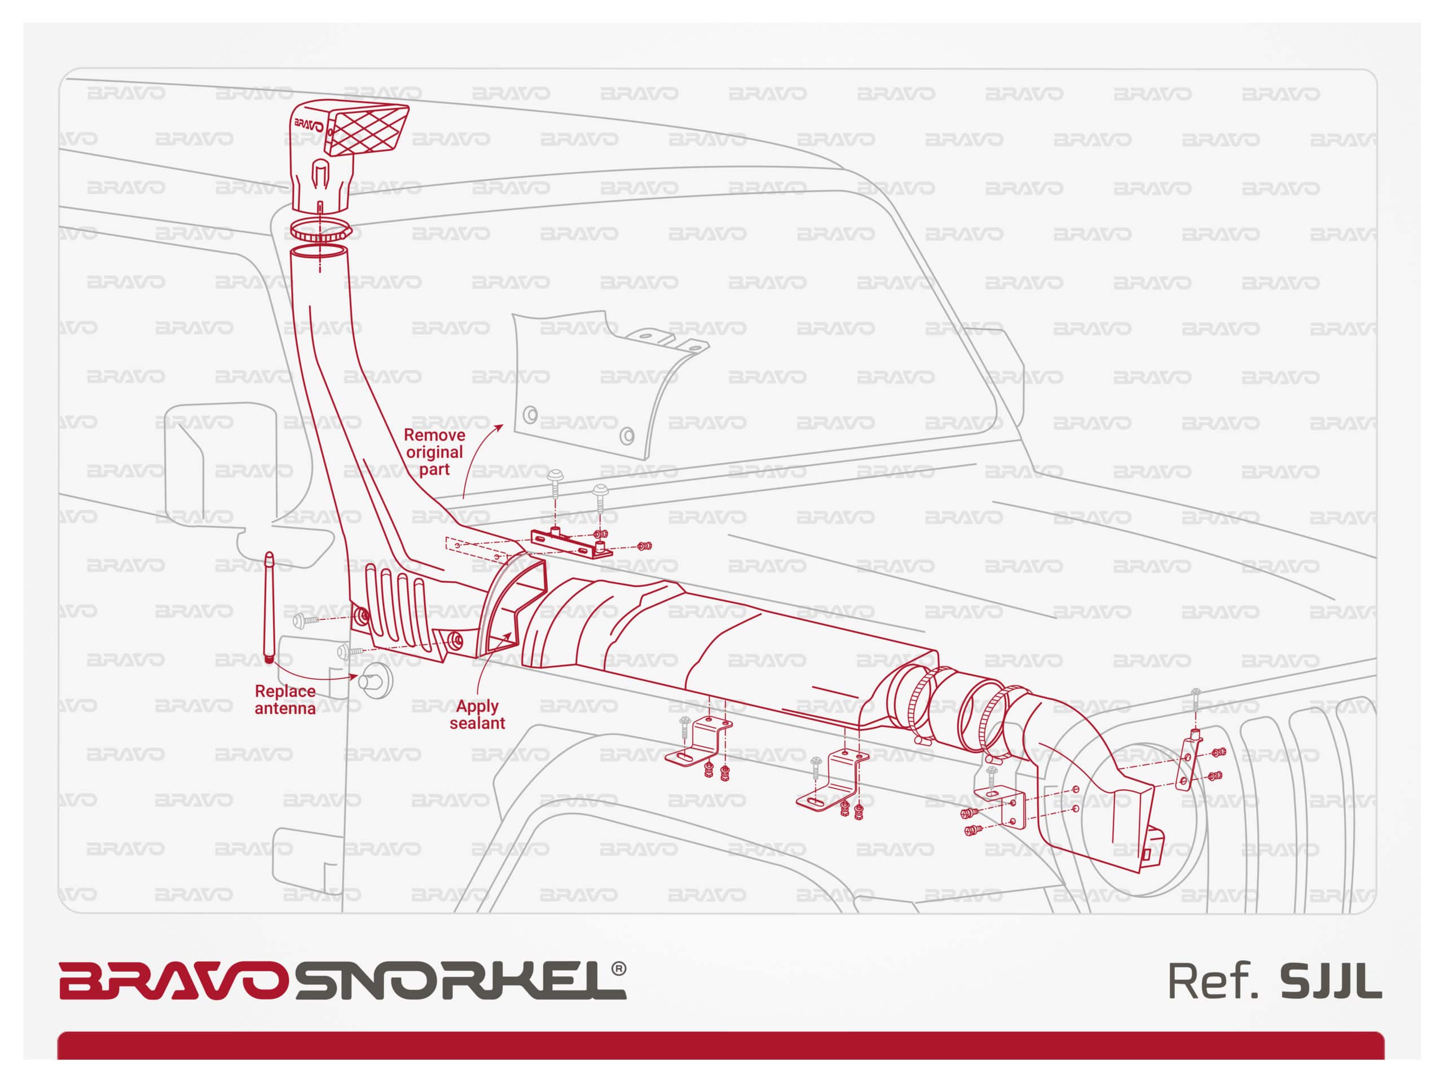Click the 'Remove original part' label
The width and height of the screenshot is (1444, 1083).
coord(434,452)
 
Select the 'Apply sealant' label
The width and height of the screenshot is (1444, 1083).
coord(477,714)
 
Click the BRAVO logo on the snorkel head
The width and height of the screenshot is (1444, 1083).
coord(309,124)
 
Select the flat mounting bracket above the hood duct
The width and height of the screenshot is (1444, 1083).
coord(571,543)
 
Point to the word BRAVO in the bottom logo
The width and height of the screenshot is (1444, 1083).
coord(174,980)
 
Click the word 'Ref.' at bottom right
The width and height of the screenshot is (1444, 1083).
coord(1212,981)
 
